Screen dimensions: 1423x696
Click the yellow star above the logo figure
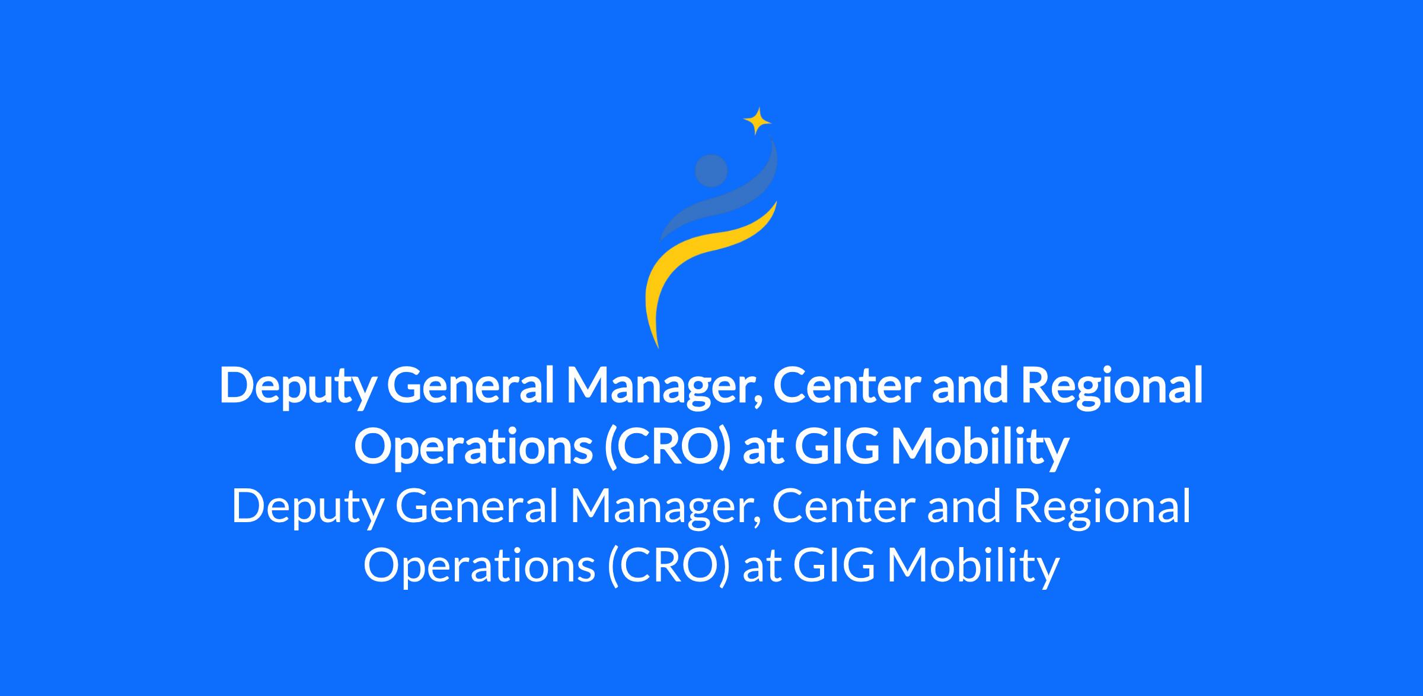coord(757,122)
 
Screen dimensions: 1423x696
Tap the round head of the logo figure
coord(711,171)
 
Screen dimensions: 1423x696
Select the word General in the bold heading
coord(470,385)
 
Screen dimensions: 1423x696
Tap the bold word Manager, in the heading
coord(663,389)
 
